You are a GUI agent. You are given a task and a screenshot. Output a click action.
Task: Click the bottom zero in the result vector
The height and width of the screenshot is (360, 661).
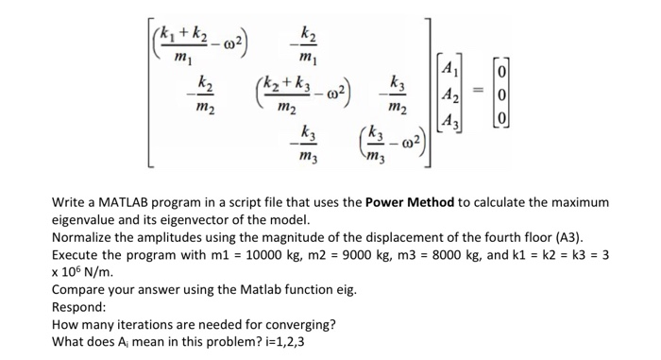(504, 121)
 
